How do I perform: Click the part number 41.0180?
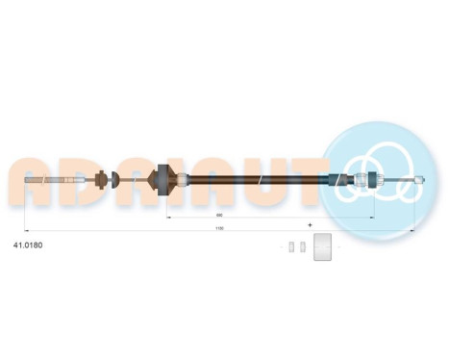click(x=29, y=245)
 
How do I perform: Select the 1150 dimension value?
click(x=219, y=228)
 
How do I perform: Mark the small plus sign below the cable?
click(x=310, y=223)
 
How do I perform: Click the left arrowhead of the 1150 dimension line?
click(x=25, y=232)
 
